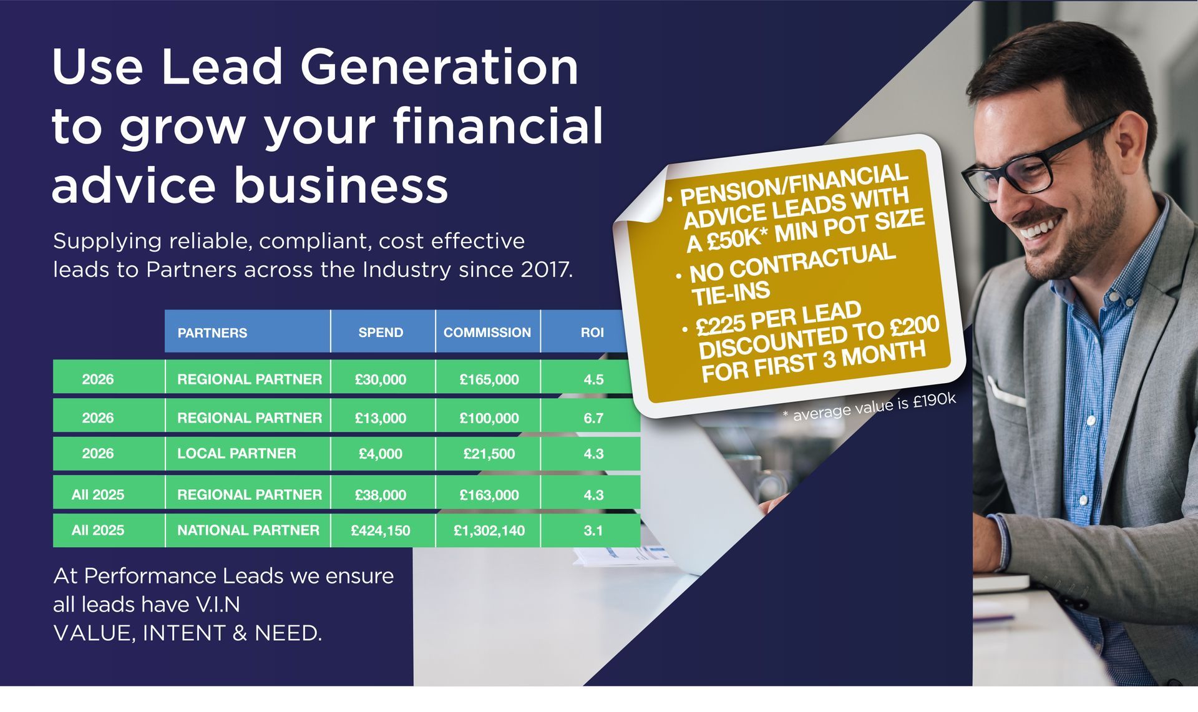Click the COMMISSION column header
coord(487,333)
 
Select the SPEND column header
coord(381,333)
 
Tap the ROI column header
coord(592,333)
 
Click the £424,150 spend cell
coord(381,531)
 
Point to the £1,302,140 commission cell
coord(489,531)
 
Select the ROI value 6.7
coord(593,418)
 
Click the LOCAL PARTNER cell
coord(236,454)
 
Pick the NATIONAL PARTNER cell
coord(248,530)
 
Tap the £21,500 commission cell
coord(489,454)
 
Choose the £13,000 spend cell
coord(381,418)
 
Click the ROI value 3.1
coord(593,531)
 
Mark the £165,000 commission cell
coord(489,379)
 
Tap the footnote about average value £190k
coord(869,407)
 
